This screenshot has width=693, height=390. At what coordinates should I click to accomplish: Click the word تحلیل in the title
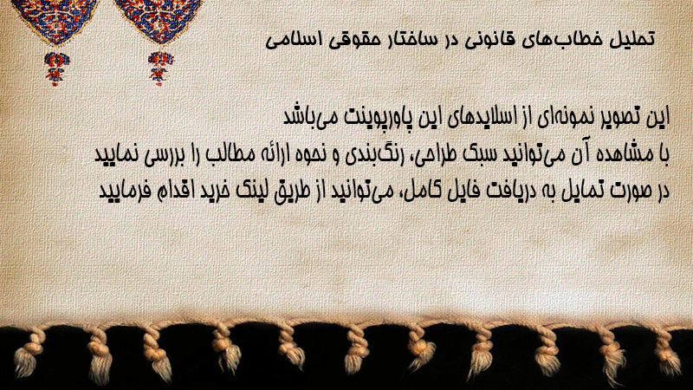(631, 38)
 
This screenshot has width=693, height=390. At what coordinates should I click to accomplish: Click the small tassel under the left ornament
(56, 68)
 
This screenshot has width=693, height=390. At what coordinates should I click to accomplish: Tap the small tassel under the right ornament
(160, 68)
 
